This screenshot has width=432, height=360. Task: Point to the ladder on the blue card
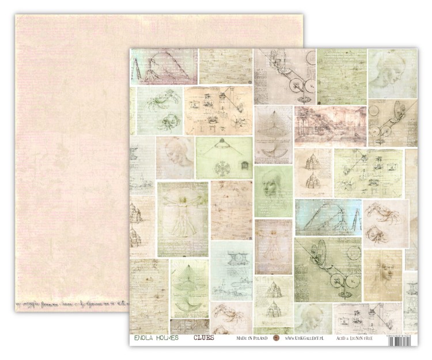point(355,219)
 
